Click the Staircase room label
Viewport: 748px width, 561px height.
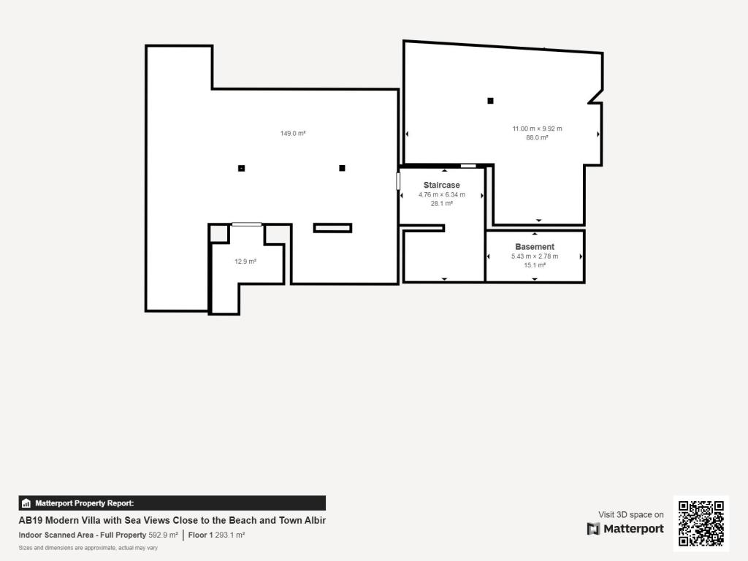[441, 186]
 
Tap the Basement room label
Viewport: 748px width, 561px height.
[535, 247]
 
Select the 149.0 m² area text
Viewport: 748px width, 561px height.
[292, 134]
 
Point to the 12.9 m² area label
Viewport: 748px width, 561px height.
[245, 262]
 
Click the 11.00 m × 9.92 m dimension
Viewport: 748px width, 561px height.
[537, 129]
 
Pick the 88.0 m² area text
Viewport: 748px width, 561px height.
[537, 137]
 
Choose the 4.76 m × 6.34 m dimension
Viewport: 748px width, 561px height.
[441, 195]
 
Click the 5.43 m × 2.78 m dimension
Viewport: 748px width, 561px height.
[535, 256]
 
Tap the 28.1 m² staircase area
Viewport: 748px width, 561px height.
[441, 204]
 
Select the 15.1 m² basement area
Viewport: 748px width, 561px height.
[535, 265]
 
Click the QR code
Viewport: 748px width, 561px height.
[701, 523]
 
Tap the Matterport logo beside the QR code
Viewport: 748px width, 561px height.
[625, 529]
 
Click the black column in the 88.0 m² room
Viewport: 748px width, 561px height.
[490, 101]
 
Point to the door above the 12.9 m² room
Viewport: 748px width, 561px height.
[247, 224]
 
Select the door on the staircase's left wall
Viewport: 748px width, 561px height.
[399, 181]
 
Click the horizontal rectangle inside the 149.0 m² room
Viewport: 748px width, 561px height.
[332, 228]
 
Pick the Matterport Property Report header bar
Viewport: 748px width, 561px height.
[172, 503]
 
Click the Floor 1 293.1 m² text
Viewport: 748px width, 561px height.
[215, 535]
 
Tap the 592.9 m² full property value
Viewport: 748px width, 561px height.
[163, 535]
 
